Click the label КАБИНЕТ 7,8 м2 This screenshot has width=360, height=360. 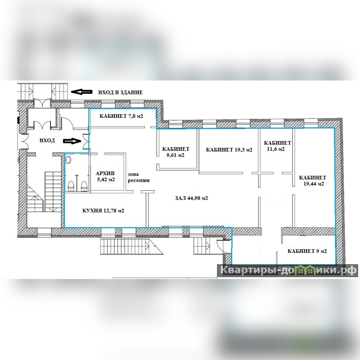(121, 116)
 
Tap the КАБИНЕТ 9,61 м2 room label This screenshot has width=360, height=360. (175, 152)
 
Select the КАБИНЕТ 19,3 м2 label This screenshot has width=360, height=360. (229, 150)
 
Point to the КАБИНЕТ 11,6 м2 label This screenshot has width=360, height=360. (277, 146)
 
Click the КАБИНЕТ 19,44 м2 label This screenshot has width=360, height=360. (312, 181)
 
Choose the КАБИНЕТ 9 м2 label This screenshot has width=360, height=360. (307, 251)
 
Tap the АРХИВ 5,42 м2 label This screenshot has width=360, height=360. (105, 176)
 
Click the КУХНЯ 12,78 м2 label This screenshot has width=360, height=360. (103, 211)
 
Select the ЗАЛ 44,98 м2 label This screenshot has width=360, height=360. (192, 198)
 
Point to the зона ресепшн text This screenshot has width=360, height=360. (139, 177)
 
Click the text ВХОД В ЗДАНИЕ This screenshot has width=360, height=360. (121, 92)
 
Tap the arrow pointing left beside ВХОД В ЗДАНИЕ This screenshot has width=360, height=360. (81, 92)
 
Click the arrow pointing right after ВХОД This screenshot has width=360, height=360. (72, 141)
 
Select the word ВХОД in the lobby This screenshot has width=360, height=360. (47, 140)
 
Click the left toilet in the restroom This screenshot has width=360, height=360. (71, 186)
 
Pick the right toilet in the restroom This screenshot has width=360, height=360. (84, 186)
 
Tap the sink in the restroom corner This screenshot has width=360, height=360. (68, 159)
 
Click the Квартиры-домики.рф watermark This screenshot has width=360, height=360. (288, 270)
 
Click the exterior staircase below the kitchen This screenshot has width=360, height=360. (131, 246)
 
